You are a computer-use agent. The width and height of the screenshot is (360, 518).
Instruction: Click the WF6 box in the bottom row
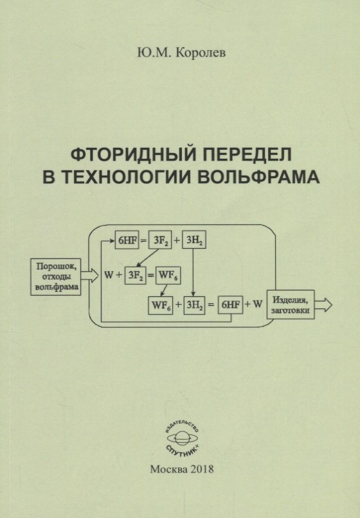(x=160, y=305)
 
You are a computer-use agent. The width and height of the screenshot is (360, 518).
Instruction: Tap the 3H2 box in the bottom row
(x=194, y=305)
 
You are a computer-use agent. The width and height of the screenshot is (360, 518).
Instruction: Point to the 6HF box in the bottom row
(x=230, y=305)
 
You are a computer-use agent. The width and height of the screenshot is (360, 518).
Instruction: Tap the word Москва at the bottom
(x=169, y=469)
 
